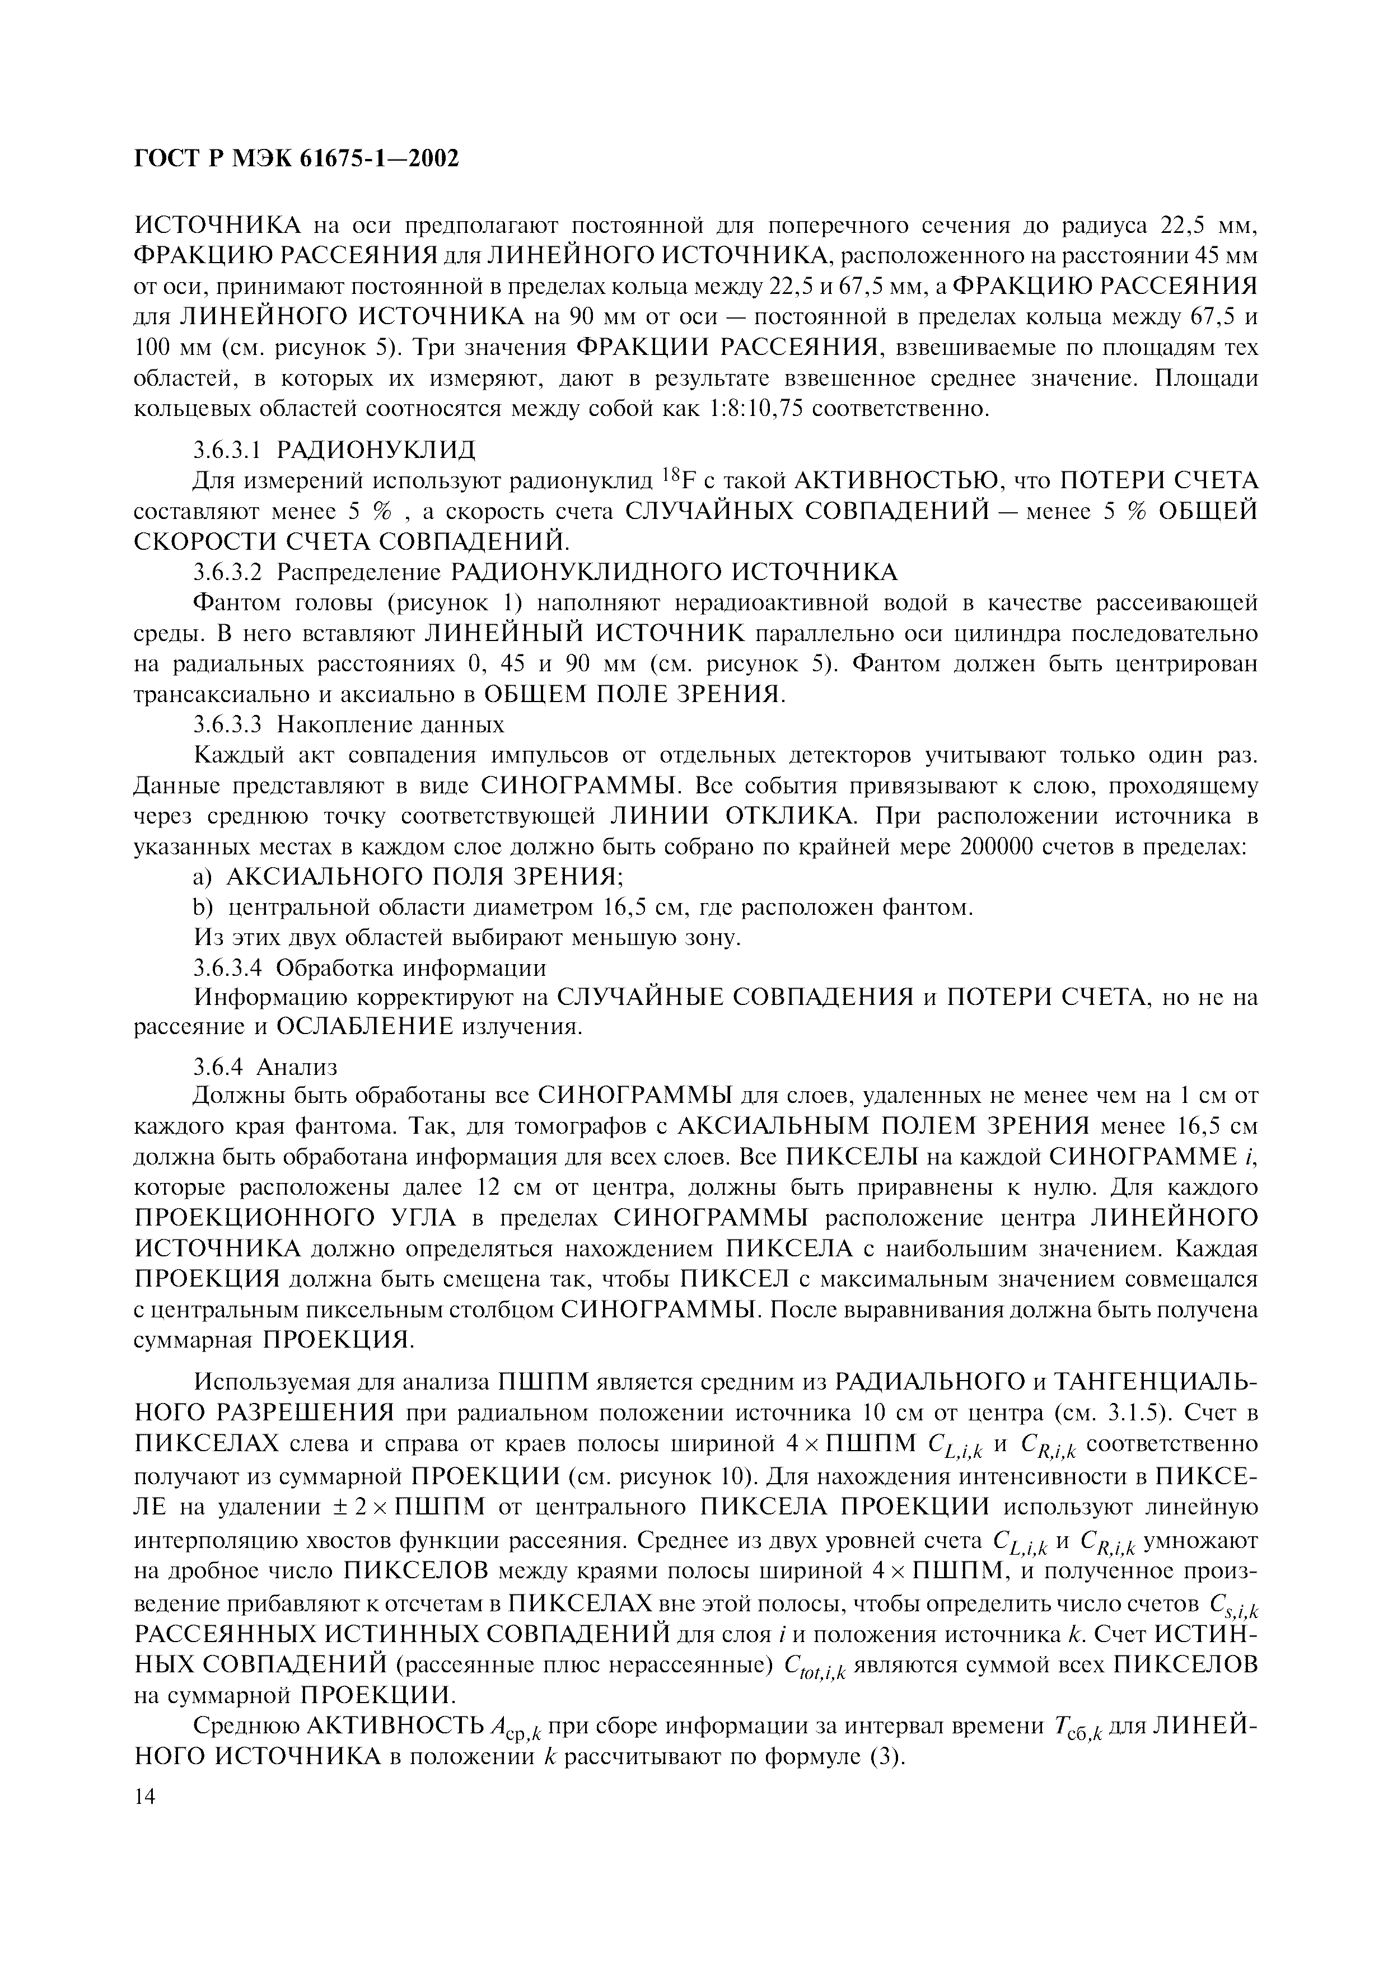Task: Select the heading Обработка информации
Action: tap(410, 969)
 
